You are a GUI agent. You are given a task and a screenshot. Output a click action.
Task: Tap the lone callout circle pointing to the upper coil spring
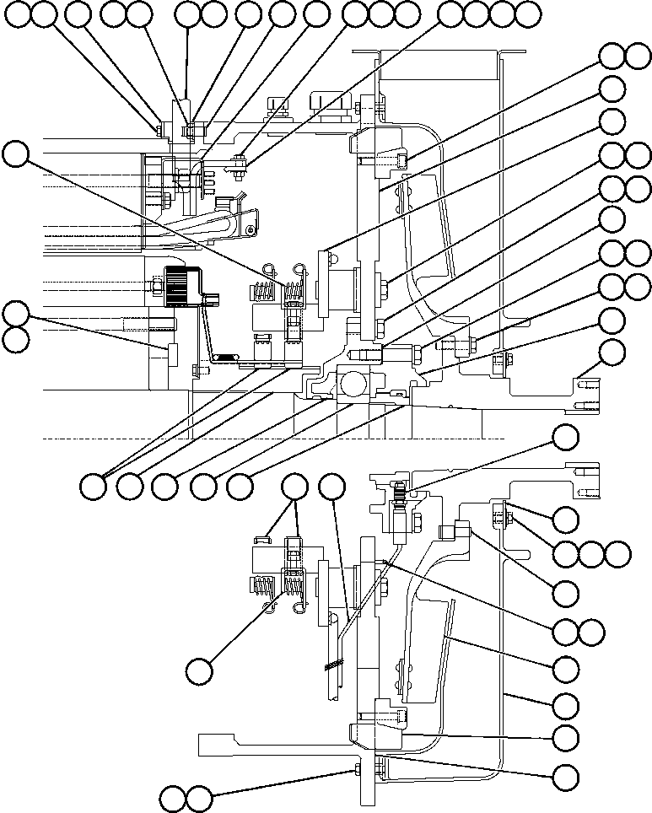point(15,153)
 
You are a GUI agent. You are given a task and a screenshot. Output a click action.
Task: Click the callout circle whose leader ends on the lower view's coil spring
point(199,671)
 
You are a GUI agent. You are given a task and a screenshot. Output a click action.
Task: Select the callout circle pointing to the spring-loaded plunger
point(565,437)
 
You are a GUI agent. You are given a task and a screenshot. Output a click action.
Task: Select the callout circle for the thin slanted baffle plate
point(565,668)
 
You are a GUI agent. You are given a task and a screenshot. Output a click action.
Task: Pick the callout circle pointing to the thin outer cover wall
point(565,703)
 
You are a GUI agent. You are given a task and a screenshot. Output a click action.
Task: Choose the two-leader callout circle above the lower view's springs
point(294,487)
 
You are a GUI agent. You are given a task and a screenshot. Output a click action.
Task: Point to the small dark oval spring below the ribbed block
point(224,358)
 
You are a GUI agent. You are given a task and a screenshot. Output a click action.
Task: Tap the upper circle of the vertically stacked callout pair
point(15,314)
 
